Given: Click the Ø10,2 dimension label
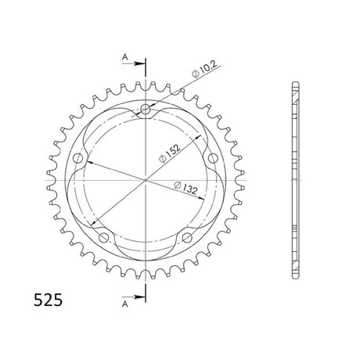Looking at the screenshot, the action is point(204,70).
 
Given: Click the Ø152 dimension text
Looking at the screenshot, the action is point(170,153).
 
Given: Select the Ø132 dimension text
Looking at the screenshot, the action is point(185,188).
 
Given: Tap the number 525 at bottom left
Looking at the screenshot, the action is point(49,300).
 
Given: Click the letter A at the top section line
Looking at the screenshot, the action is point(125,56).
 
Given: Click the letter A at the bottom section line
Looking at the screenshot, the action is point(125,304).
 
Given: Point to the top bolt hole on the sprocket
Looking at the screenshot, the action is point(146,109).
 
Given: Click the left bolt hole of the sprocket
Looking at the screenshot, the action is point(77,158).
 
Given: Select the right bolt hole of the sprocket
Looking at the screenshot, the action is point(213,158).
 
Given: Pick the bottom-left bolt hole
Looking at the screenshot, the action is point(103,238).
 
